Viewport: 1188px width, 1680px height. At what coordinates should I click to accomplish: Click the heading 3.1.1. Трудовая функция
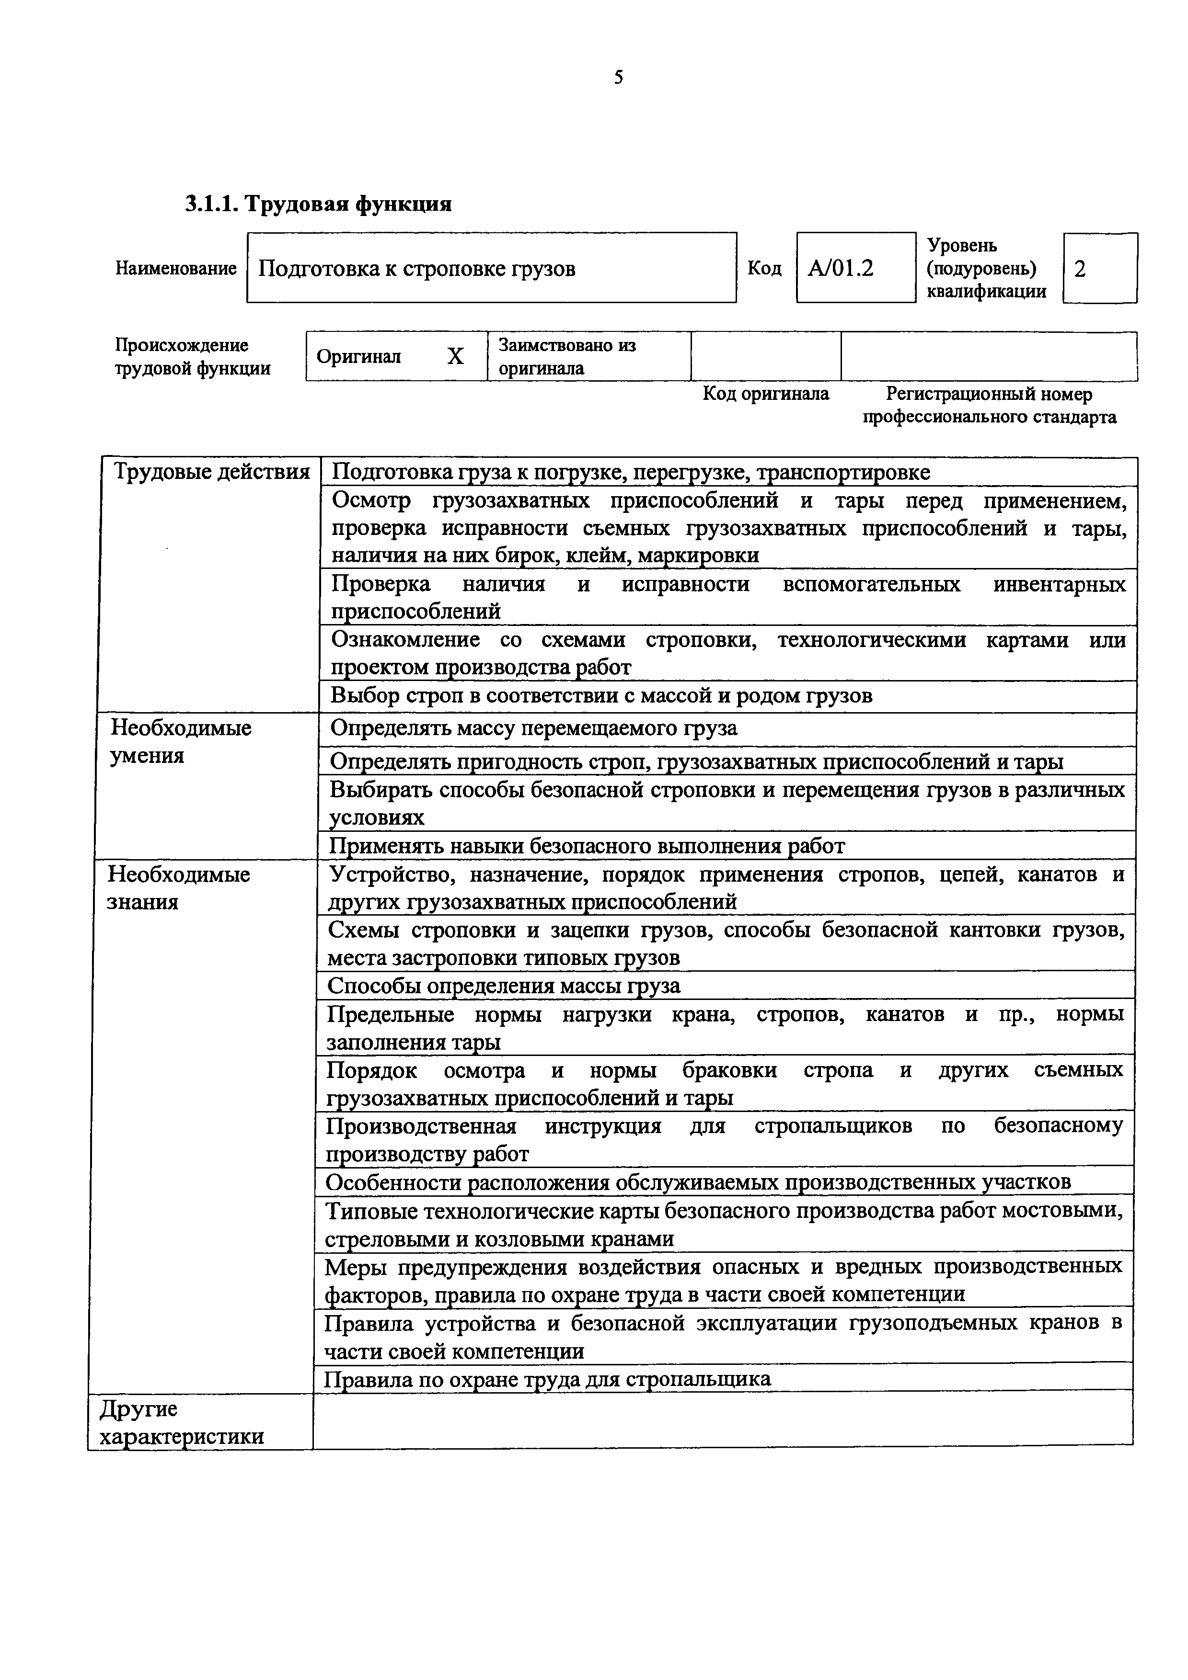click(318, 204)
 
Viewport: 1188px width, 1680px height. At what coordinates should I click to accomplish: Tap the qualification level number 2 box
click(1099, 269)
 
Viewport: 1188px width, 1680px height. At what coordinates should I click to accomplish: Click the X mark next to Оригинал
click(455, 356)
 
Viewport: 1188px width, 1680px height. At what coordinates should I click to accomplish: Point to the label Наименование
click(176, 269)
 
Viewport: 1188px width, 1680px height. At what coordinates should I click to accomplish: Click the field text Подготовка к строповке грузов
click(417, 269)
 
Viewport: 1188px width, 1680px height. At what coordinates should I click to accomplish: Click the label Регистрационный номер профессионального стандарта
click(989, 405)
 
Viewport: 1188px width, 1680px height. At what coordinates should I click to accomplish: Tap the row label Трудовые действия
click(211, 472)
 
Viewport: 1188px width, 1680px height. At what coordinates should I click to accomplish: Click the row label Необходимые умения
click(181, 741)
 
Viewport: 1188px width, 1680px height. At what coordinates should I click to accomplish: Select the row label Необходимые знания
click(179, 887)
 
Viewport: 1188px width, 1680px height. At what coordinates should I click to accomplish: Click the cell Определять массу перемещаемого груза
click(533, 729)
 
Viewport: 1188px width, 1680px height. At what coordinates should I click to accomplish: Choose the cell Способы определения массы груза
click(504, 986)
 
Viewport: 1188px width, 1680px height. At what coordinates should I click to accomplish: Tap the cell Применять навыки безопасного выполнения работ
click(587, 847)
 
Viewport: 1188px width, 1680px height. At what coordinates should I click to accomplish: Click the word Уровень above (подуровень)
click(962, 245)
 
